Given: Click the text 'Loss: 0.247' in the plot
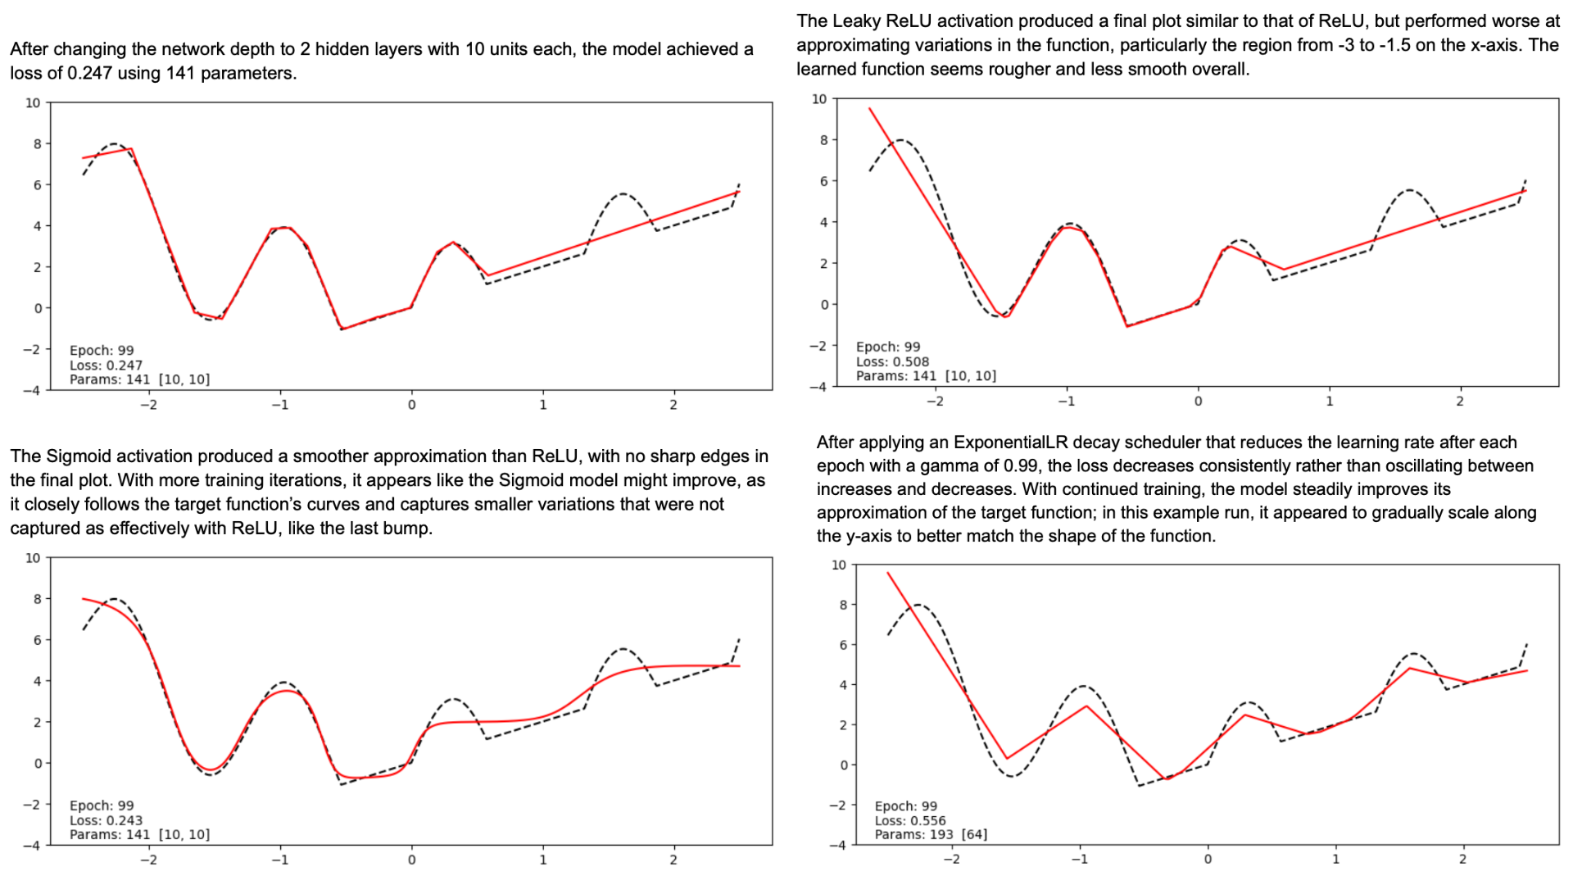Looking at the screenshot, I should point(106,365).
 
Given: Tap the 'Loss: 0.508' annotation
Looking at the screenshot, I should point(892,361).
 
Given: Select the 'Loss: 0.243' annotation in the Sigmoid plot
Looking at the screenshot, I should point(106,820).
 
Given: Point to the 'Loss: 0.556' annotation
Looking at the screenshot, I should point(909,820).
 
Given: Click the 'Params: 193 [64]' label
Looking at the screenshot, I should point(930,834).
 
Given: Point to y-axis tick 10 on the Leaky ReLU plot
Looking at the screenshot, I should point(819,99).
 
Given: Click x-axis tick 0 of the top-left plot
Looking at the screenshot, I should point(411,405).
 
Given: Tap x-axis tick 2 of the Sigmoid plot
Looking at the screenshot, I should point(673,860).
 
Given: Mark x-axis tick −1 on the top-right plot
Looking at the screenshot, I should point(1066,402).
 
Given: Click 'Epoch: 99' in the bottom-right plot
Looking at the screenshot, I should point(905,806).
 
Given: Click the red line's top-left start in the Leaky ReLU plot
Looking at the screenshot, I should point(870,108).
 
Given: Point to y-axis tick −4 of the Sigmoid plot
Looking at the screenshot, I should point(31,846).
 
